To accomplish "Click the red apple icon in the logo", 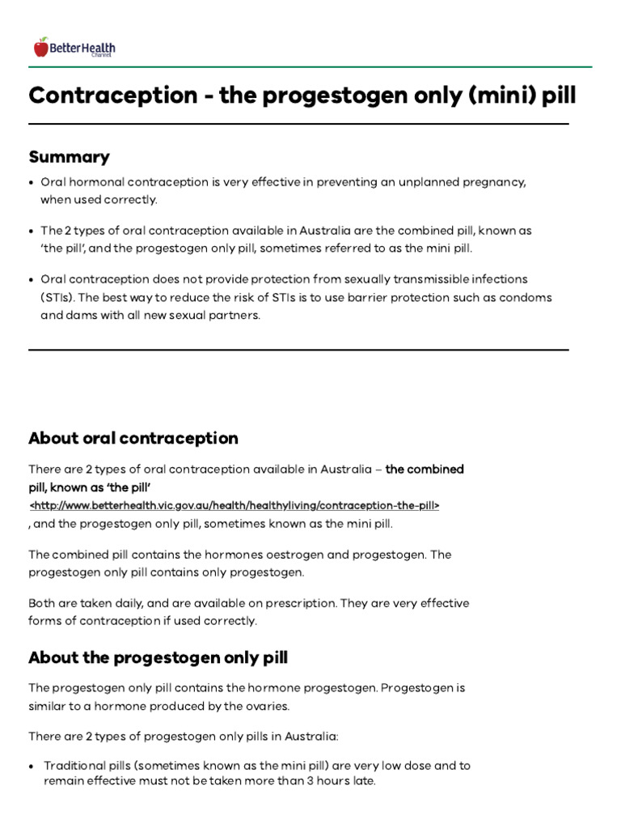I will (x=41, y=48).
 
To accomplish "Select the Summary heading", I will (x=69, y=156).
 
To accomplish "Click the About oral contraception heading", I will (x=133, y=438).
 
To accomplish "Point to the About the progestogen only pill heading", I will (x=158, y=657).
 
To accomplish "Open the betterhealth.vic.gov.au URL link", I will (x=234, y=504).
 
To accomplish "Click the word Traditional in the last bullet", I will (x=76, y=765).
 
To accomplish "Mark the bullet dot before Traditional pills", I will (x=31, y=766).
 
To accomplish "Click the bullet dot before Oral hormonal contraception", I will (x=31, y=183).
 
